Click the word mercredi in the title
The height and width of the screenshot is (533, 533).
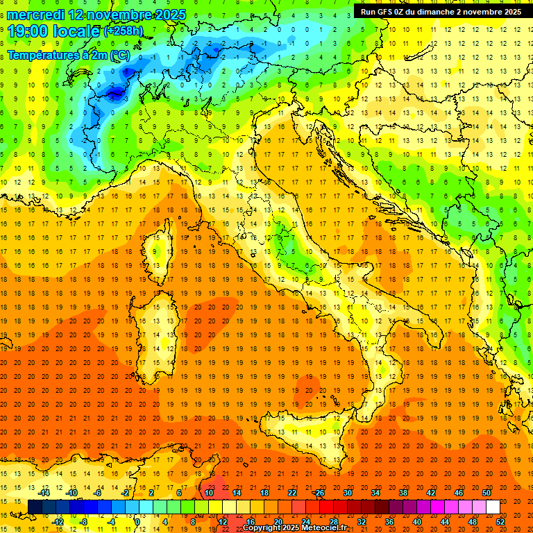click(35, 15)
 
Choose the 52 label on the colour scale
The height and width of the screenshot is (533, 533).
click(500, 522)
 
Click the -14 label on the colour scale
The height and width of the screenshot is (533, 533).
click(44, 493)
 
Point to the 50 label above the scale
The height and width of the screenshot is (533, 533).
click(487, 493)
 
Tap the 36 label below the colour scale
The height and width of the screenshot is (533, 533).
click(389, 522)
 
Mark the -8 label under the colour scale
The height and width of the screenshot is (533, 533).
click(85, 522)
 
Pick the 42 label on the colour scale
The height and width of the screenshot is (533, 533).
click(431, 493)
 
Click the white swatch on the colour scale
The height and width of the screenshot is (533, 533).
click(493, 507)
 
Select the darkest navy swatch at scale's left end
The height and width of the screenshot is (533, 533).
click(35, 507)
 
